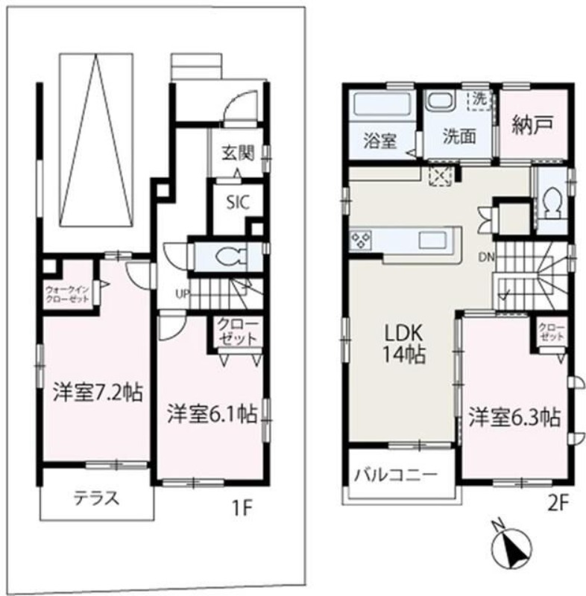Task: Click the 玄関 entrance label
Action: click(238, 153)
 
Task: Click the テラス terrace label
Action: click(95, 498)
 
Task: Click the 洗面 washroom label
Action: click(456, 139)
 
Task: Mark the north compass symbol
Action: click(511, 548)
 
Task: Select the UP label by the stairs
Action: click(181, 293)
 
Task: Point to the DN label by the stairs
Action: click(486, 257)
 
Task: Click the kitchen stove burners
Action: click(362, 240)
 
